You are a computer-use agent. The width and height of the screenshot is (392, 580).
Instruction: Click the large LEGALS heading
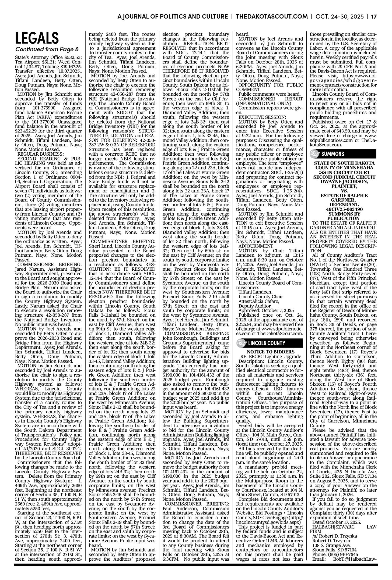coord(37,38)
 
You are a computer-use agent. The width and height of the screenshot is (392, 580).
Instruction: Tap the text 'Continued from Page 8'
coord(47,49)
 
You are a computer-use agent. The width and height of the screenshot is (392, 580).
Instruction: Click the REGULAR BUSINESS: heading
coord(40,154)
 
